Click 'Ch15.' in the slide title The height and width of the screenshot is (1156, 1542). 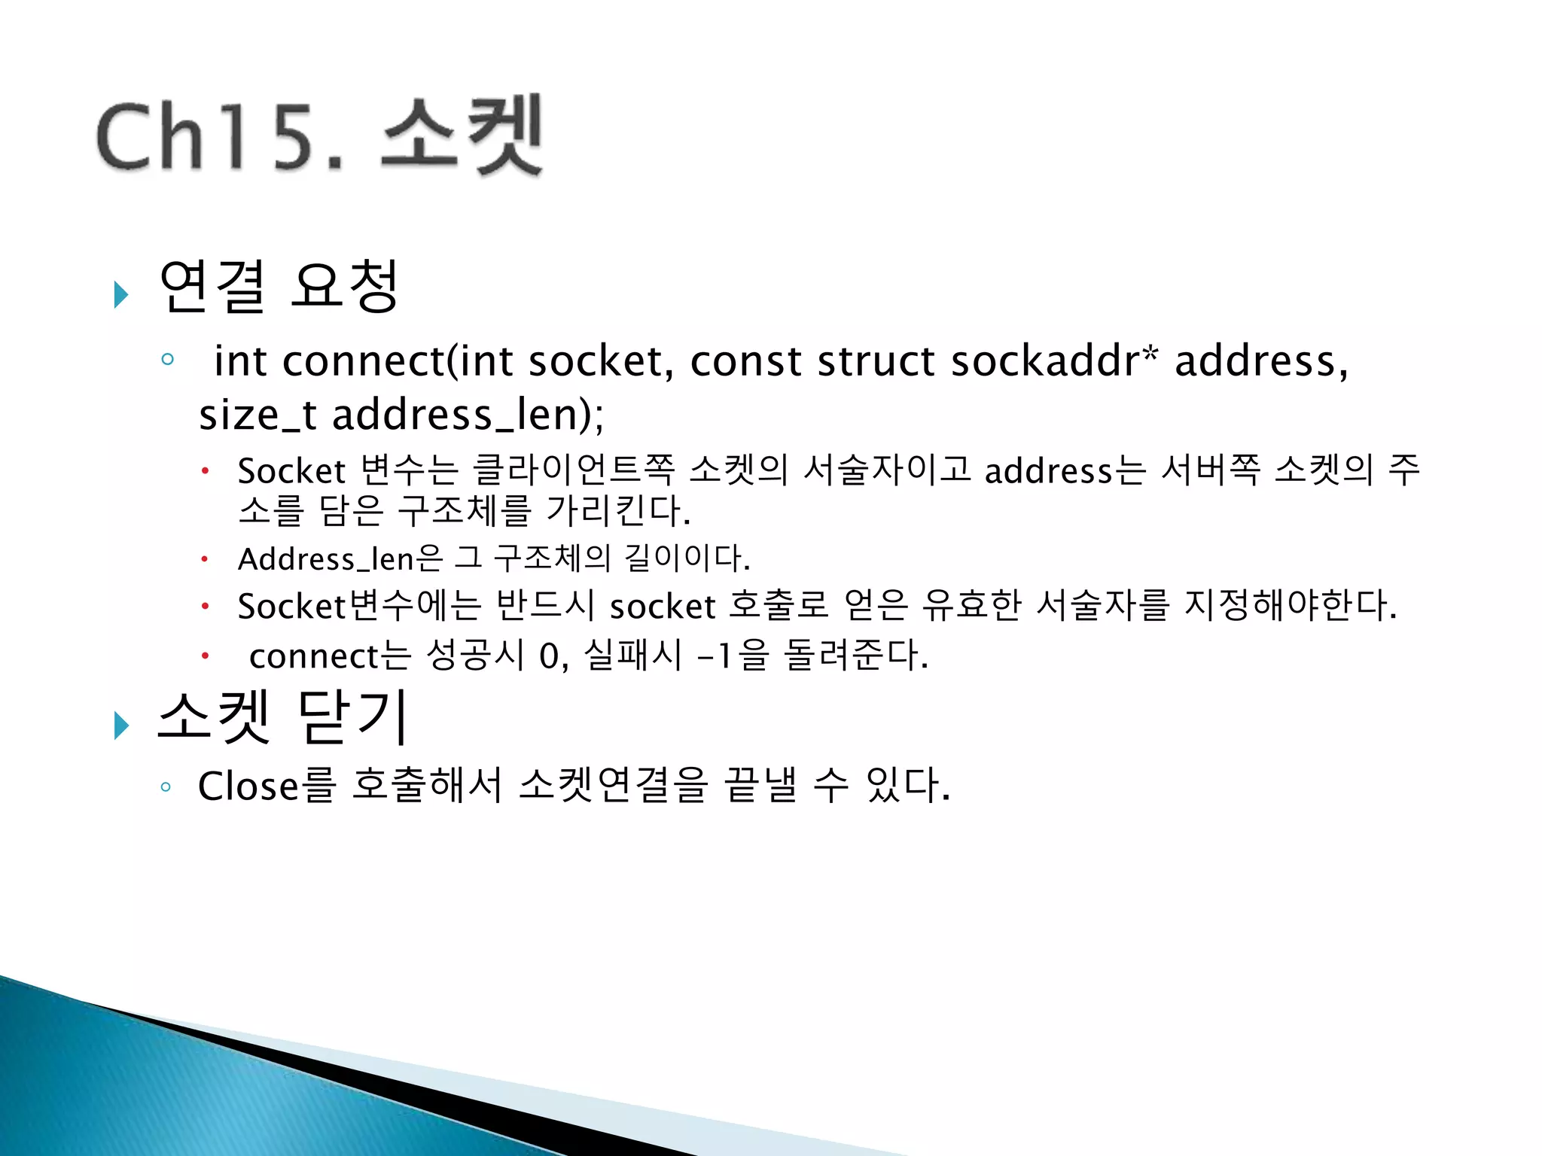(218, 137)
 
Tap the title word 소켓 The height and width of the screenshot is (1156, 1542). (462, 135)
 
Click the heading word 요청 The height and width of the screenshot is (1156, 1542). (344, 287)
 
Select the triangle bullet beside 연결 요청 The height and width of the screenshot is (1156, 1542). (120, 294)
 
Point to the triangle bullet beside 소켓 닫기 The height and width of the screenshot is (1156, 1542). (120, 725)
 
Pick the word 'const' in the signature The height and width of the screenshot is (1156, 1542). (745, 361)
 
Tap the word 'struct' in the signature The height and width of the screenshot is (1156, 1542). (876, 361)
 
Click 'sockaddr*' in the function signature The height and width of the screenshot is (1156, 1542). (1054, 361)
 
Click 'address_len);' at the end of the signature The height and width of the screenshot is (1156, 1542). (468, 415)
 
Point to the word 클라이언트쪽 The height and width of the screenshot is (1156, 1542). (573, 470)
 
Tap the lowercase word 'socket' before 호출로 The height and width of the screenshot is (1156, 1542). (662, 607)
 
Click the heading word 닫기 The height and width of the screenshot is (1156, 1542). (353, 716)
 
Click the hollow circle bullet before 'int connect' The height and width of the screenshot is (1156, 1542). (167, 359)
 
